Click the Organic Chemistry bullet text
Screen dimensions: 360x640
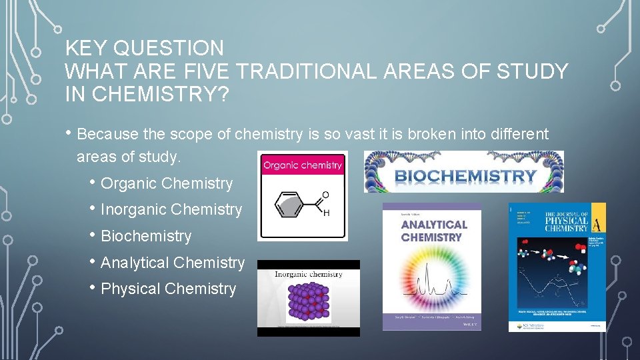[x=167, y=183]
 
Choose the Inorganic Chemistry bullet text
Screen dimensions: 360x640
[x=171, y=209]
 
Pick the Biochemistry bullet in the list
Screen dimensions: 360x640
[x=146, y=236]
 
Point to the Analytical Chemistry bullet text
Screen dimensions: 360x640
[x=173, y=263]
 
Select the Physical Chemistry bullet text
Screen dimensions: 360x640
[x=168, y=289]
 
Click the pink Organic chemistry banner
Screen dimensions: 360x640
[x=302, y=165]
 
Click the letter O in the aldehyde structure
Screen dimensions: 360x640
[x=325, y=195]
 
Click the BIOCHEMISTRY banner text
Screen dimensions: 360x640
[x=465, y=177]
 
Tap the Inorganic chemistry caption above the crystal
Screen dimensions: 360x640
[x=309, y=274]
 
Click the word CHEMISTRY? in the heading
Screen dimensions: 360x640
[x=161, y=95]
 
